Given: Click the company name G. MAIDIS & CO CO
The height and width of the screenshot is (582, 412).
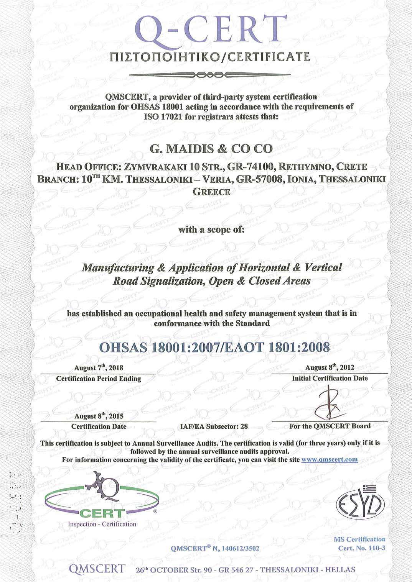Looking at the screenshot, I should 211,149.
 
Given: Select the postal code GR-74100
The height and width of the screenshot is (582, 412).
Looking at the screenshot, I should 250,167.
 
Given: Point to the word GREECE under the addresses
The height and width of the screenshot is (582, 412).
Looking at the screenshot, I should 211,192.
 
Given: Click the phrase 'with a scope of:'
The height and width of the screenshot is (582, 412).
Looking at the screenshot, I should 211,230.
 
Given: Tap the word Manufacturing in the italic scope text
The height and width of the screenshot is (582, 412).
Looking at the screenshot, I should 118,268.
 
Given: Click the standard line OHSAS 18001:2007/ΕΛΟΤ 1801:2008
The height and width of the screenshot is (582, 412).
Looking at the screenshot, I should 214,347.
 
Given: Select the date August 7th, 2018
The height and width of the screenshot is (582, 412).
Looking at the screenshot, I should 99,368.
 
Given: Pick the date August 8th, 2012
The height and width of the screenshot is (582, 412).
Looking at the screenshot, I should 330,367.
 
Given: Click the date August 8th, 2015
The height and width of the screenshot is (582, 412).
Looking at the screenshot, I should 99,416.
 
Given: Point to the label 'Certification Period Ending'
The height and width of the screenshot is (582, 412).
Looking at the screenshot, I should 99,379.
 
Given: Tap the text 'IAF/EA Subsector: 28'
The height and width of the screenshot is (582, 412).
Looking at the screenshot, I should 214,426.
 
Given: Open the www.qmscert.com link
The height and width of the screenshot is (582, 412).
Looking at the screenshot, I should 330,459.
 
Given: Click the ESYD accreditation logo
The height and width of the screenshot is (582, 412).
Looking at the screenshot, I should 360,503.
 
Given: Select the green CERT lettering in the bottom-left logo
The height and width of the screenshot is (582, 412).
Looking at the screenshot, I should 102,513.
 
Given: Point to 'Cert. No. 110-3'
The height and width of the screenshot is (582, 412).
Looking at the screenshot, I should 361,548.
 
